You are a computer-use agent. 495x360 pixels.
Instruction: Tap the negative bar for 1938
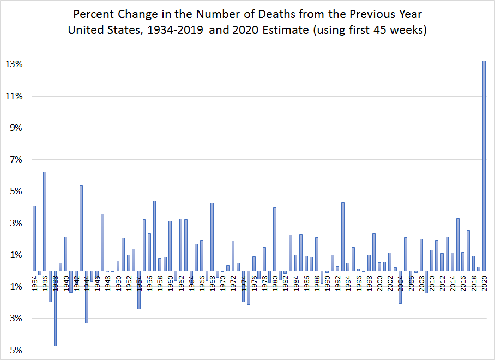click(55, 308)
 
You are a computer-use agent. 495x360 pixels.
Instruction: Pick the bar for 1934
click(34, 238)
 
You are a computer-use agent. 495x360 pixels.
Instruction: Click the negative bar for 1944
click(87, 297)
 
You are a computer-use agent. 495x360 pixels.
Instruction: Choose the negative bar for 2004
click(400, 287)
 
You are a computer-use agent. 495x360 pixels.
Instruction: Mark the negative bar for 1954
click(139, 290)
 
